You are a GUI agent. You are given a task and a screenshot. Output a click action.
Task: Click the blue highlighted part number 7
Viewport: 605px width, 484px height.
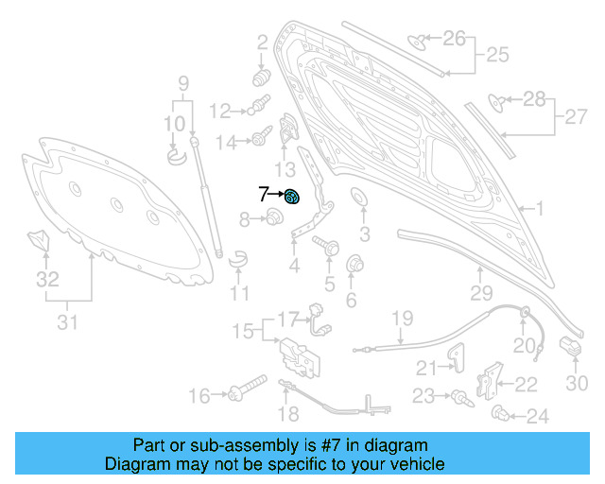(x=292, y=197)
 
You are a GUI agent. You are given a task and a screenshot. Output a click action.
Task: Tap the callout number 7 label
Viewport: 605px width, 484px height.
(x=263, y=195)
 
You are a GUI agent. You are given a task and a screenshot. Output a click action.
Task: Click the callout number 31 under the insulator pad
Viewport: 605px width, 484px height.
(x=66, y=323)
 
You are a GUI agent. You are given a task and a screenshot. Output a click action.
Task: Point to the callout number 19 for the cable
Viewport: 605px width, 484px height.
(x=403, y=319)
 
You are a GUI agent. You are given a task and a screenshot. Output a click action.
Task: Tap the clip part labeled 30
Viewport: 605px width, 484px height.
(x=569, y=347)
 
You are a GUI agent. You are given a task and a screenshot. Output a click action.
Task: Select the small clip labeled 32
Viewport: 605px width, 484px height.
(x=38, y=239)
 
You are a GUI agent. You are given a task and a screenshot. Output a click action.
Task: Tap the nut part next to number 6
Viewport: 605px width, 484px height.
(x=356, y=263)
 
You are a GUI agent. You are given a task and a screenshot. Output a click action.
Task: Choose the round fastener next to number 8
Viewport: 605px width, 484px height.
(x=273, y=219)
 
